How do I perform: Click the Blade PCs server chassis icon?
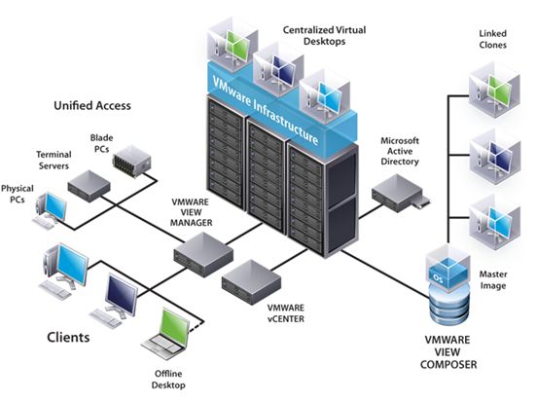point(131,162)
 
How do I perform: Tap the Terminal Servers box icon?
point(89,186)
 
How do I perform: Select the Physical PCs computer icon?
point(51,210)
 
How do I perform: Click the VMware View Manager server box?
point(203,254)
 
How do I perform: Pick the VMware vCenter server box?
point(251,282)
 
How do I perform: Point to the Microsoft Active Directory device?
point(400,194)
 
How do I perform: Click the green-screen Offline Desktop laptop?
point(166,335)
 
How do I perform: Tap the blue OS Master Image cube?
point(447,271)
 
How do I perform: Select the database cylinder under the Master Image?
point(448,307)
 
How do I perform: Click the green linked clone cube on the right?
point(494,90)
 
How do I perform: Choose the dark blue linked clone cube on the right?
point(495,157)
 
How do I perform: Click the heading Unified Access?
point(92,105)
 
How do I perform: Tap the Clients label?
point(68,338)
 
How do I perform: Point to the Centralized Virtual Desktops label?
point(324,36)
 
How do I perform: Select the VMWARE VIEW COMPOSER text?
point(448,352)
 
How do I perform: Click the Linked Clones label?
point(492,39)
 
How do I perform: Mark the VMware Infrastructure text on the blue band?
point(266,110)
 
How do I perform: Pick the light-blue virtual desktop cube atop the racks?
point(325,95)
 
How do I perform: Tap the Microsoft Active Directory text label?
point(400,151)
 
